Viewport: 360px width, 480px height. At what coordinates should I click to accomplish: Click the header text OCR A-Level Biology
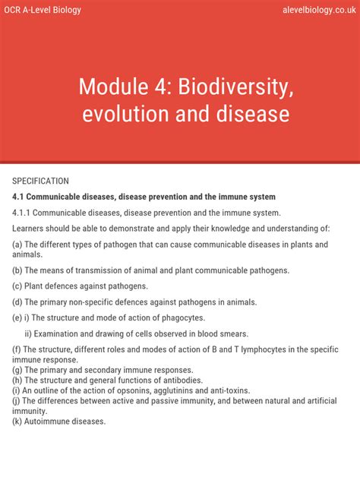tap(43, 10)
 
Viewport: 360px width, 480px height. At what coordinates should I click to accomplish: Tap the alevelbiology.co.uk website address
tap(312, 10)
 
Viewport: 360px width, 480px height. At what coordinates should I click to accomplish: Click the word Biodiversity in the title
tap(235, 87)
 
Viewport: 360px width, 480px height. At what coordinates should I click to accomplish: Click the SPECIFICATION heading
tap(41, 181)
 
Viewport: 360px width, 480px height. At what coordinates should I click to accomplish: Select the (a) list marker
tap(17, 245)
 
